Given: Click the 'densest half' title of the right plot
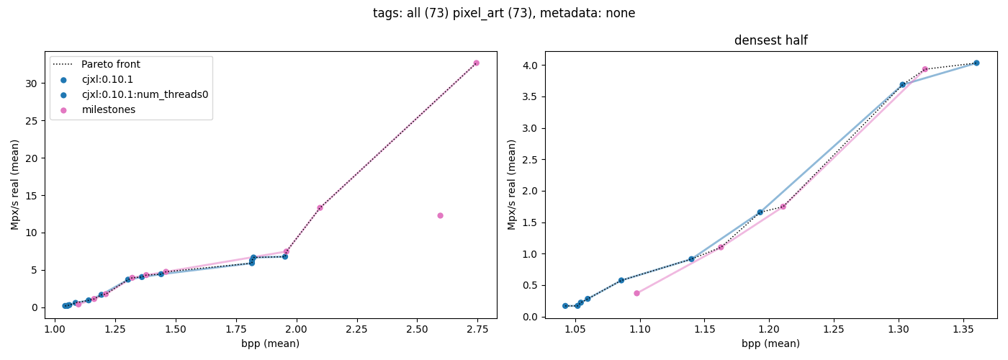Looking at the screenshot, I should (x=770, y=41).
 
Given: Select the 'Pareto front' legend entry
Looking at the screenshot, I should (x=110, y=65).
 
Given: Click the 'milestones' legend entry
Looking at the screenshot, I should (x=108, y=109).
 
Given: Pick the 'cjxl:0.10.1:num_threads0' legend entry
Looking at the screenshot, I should (x=144, y=94).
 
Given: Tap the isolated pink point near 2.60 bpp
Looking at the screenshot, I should (x=440, y=215).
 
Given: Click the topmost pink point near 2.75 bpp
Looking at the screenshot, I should (x=476, y=63).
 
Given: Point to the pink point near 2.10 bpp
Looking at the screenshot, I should (x=320, y=208).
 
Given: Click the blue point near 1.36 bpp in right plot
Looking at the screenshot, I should (x=976, y=63).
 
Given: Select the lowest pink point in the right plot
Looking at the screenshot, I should (x=636, y=293).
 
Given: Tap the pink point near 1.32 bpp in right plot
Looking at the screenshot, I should (x=925, y=69).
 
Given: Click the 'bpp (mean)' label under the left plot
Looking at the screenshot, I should (x=270, y=344).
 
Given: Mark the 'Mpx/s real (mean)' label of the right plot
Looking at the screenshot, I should (x=513, y=184).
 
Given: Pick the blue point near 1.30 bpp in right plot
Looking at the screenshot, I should (x=902, y=84).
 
